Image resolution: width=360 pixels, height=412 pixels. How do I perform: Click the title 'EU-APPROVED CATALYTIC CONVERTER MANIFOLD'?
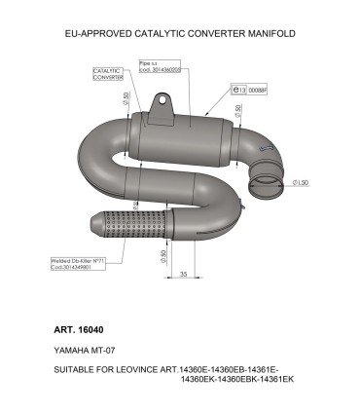[x=179, y=33]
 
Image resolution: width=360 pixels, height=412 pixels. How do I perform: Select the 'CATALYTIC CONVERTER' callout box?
[x=108, y=74]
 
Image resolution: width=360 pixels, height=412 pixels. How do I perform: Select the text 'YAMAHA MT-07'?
[x=82, y=348]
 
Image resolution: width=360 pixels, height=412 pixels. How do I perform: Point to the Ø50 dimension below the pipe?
[x=161, y=257]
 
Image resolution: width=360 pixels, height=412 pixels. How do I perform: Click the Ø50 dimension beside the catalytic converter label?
[x=127, y=100]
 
